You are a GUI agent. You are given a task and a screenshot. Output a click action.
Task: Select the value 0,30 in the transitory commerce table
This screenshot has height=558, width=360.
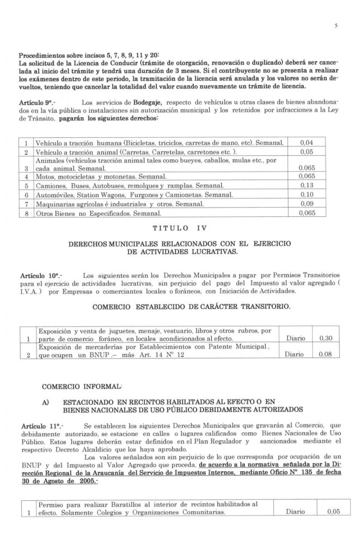point(325,338)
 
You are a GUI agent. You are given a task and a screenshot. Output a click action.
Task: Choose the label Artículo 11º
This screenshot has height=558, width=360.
point(35,423)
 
